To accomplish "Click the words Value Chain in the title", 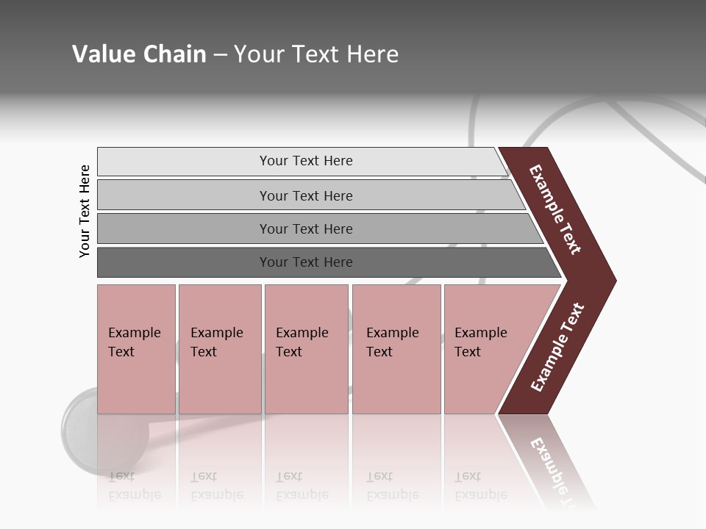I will click(x=139, y=54).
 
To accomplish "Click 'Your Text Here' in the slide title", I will click(x=316, y=54).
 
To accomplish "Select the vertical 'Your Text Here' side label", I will click(x=85, y=212).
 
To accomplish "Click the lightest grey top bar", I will click(x=305, y=161).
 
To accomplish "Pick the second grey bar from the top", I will click(x=305, y=195).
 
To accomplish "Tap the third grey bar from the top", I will click(x=305, y=228).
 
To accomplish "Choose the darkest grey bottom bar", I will click(x=305, y=262).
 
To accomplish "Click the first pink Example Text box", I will click(x=136, y=349).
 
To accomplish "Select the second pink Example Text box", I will click(x=219, y=349).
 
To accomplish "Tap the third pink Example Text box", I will click(x=305, y=349).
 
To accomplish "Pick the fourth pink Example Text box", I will click(x=396, y=349).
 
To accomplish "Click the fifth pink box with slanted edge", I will click(x=485, y=349).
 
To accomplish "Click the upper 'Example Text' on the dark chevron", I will click(x=555, y=210).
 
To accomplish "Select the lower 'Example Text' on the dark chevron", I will click(x=557, y=347).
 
